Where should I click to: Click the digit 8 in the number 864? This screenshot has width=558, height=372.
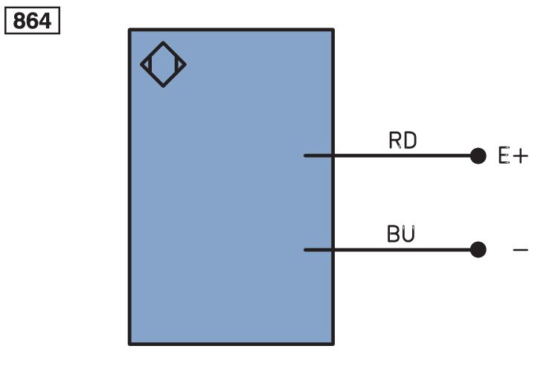(19, 21)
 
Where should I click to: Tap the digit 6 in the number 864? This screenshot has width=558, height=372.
(32, 21)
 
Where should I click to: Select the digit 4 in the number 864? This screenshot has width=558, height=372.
(45, 21)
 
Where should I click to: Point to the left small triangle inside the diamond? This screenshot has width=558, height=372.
(147, 65)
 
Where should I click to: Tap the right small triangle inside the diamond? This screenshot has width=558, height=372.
(179, 65)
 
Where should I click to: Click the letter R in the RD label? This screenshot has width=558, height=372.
(395, 141)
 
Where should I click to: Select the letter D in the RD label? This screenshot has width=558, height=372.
(410, 141)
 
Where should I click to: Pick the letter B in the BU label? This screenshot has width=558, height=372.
(394, 234)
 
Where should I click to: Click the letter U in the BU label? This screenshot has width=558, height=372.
(408, 234)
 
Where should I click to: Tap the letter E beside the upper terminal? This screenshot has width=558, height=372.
(504, 155)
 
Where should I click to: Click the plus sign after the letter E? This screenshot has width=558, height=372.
(521, 156)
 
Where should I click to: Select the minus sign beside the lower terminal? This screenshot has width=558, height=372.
(520, 250)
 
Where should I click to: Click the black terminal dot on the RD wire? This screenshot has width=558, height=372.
(478, 156)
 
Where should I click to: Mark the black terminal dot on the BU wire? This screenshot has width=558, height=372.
(478, 249)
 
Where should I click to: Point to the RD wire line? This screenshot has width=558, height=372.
(388, 155)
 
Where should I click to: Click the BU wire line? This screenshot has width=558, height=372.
(388, 250)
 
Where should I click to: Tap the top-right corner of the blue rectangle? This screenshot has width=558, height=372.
(333, 30)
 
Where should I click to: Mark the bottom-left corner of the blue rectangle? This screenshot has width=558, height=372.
(129, 344)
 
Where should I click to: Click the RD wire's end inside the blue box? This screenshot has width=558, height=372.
(304, 155)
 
